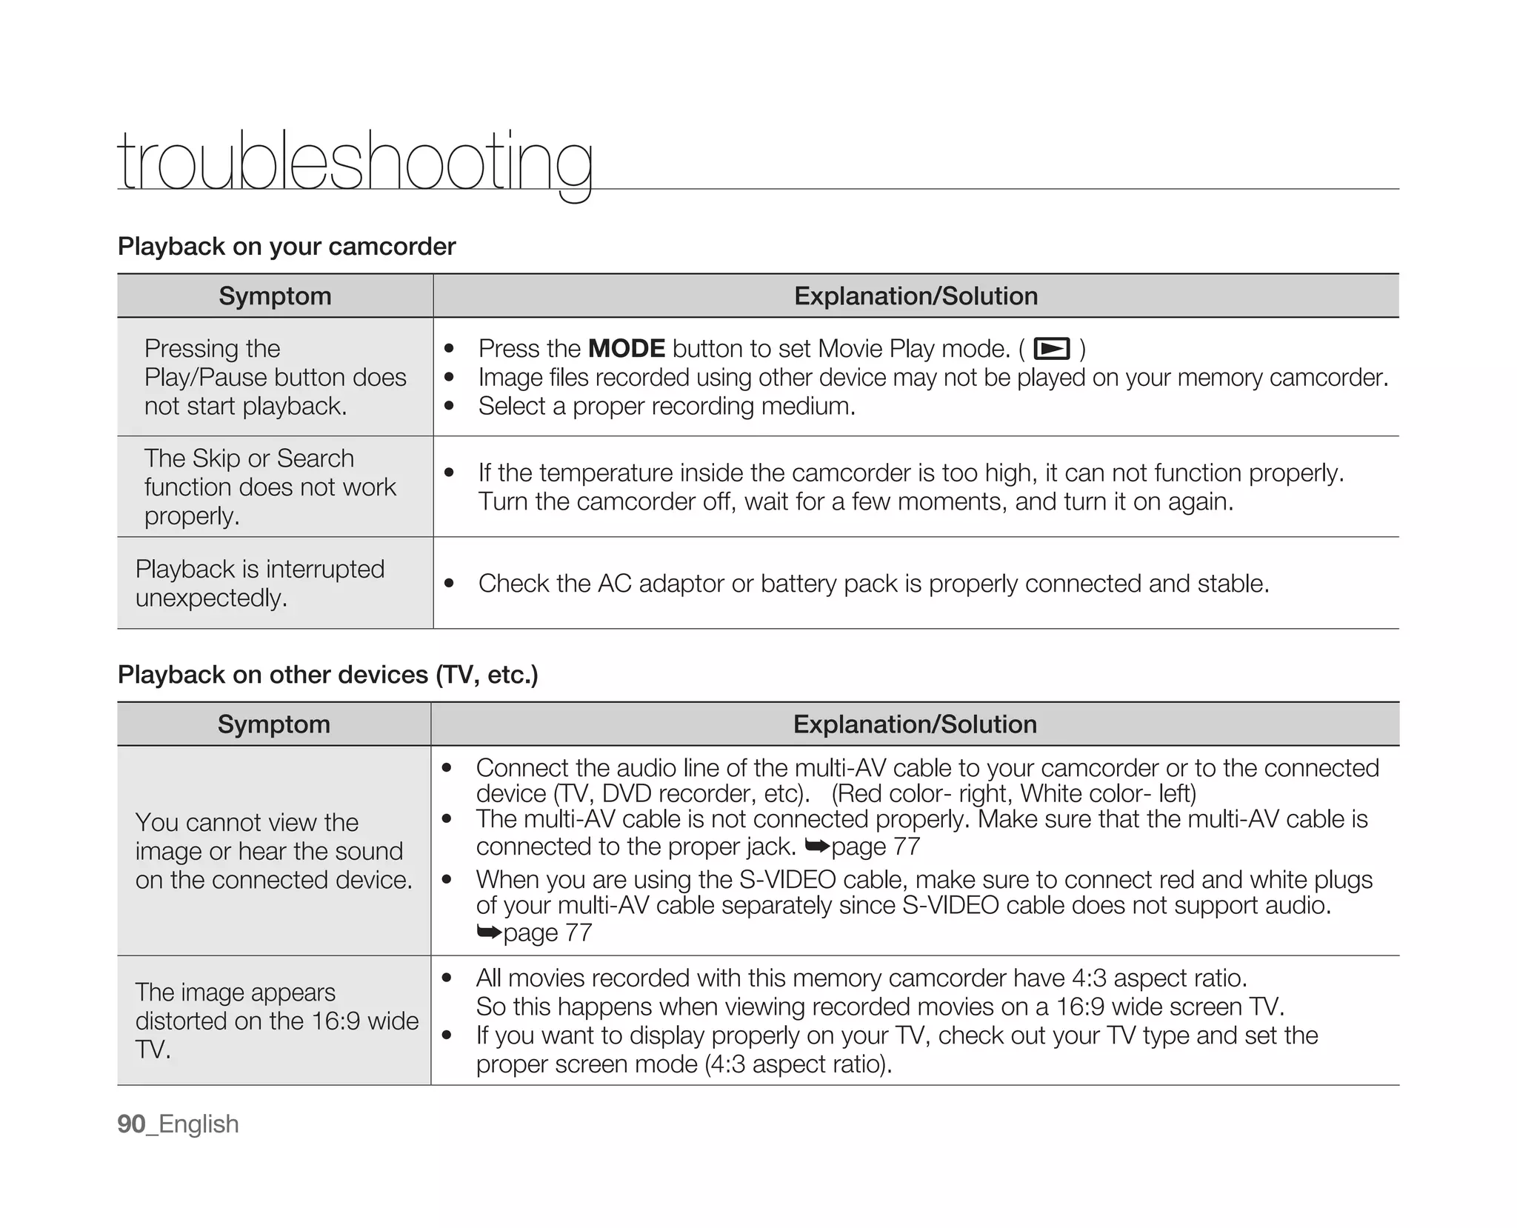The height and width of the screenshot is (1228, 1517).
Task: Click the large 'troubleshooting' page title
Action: coord(355,161)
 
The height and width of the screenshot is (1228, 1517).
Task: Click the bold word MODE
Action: coord(626,349)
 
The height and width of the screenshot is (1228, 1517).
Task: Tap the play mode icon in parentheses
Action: coord(1051,349)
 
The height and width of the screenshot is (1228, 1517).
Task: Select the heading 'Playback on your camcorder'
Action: coord(287,247)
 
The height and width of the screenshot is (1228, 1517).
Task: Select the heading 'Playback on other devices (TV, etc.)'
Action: coord(327,675)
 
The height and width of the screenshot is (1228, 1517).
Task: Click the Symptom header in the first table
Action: coord(275,296)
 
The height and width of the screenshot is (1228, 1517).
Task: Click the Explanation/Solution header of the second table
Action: coord(915,724)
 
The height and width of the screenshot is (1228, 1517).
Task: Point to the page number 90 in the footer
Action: coord(131,1124)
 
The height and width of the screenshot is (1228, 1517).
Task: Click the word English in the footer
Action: coord(199,1124)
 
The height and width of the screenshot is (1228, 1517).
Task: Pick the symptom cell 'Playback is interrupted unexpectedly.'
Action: coord(259,584)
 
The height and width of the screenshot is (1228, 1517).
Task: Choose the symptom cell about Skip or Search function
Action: coord(270,487)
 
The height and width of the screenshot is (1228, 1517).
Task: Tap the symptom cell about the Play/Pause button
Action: coord(275,378)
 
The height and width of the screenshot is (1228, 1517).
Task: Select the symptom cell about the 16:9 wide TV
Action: coord(276,1021)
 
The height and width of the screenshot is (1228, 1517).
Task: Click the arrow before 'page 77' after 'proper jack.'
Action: coord(817,846)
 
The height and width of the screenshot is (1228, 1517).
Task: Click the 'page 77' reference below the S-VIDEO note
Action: coord(547,932)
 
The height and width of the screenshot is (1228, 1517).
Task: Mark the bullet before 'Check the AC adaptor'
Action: coord(449,584)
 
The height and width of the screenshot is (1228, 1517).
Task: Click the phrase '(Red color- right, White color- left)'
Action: coord(1013,794)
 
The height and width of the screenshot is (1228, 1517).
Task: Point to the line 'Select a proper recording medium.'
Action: coord(667,407)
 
